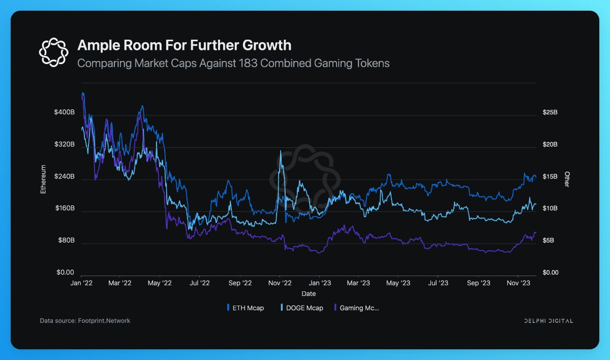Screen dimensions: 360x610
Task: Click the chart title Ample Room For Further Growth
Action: pyautogui.click(x=184, y=45)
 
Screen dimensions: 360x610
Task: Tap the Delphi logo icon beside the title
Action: pyautogui.click(x=53, y=51)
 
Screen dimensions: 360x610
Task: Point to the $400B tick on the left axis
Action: pyautogui.click(x=64, y=112)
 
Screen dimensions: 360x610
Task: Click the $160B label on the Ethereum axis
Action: pyautogui.click(x=65, y=208)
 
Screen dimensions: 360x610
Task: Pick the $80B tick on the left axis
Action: pyautogui.click(x=66, y=241)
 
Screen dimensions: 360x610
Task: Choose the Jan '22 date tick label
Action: pyautogui.click(x=81, y=283)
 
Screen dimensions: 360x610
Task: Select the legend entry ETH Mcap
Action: pyautogui.click(x=246, y=308)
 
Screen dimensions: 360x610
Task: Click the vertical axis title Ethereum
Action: pyautogui.click(x=43, y=178)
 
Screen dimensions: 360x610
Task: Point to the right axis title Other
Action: pyautogui.click(x=567, y=178)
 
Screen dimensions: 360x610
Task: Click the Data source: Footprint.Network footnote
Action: pyautogui.click(x=85, y=321)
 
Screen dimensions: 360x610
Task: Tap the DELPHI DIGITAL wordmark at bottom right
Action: pyautogui.click(x=548, y=321)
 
